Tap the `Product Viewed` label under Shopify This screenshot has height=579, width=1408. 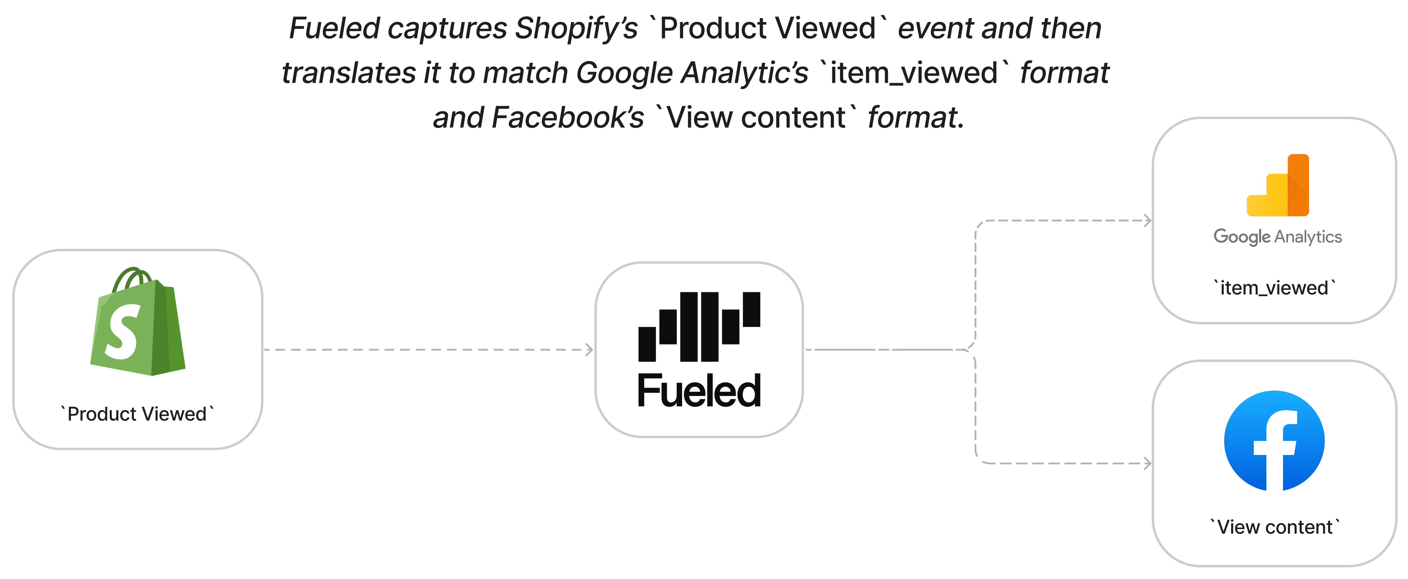[137, 414]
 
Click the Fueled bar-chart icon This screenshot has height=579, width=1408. [699, 326]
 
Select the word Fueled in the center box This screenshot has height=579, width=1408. [699, 391]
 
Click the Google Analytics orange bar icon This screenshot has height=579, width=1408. [1278, 186]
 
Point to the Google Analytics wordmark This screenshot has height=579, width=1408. [1277, 237]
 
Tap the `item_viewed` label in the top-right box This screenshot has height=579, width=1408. [1274, 288]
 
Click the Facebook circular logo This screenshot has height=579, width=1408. [1274, 441]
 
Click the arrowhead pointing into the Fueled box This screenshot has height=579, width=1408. [589, 349]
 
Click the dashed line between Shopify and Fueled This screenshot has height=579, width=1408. [426, 349]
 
